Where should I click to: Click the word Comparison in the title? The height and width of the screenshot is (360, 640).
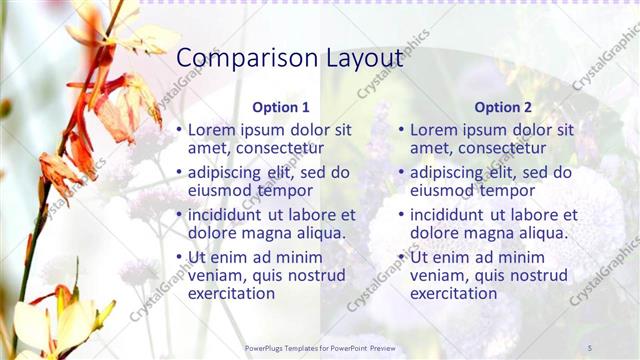(245, 57)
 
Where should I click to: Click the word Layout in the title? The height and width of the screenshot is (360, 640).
(361, 57)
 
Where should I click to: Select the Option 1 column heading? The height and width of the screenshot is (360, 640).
(281, 107)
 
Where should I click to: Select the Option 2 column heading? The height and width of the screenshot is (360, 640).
(503, 107)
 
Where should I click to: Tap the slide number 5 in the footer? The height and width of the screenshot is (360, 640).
(590, 347)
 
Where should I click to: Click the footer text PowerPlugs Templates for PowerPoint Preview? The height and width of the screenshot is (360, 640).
(320, 347)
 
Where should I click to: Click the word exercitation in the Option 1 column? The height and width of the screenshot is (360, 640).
(231, 293)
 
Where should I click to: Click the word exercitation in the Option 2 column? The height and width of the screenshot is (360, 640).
(453, 293)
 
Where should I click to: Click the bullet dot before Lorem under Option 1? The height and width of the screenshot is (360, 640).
(180, 130)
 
